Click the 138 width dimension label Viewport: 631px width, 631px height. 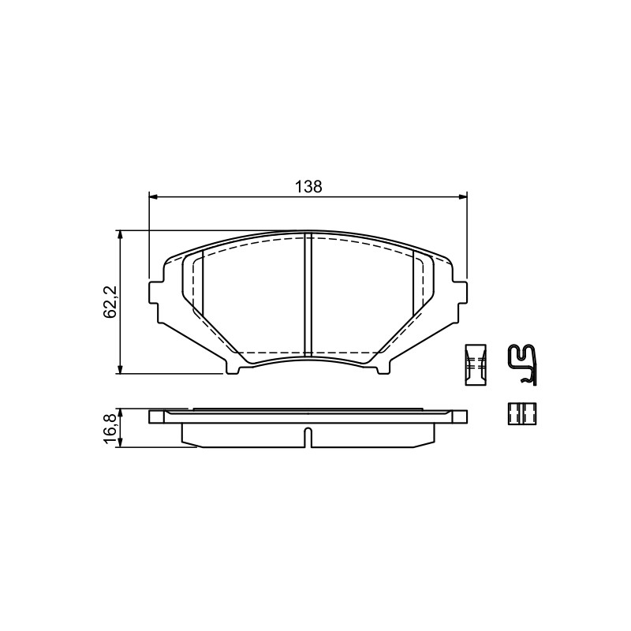308,187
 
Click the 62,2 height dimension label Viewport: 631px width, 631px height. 110,302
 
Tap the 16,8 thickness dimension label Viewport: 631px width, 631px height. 110,428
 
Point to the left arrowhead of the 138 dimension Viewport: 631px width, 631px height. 153,197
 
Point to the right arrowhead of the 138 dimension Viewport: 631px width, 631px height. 463,197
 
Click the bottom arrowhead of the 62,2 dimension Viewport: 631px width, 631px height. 120,369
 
